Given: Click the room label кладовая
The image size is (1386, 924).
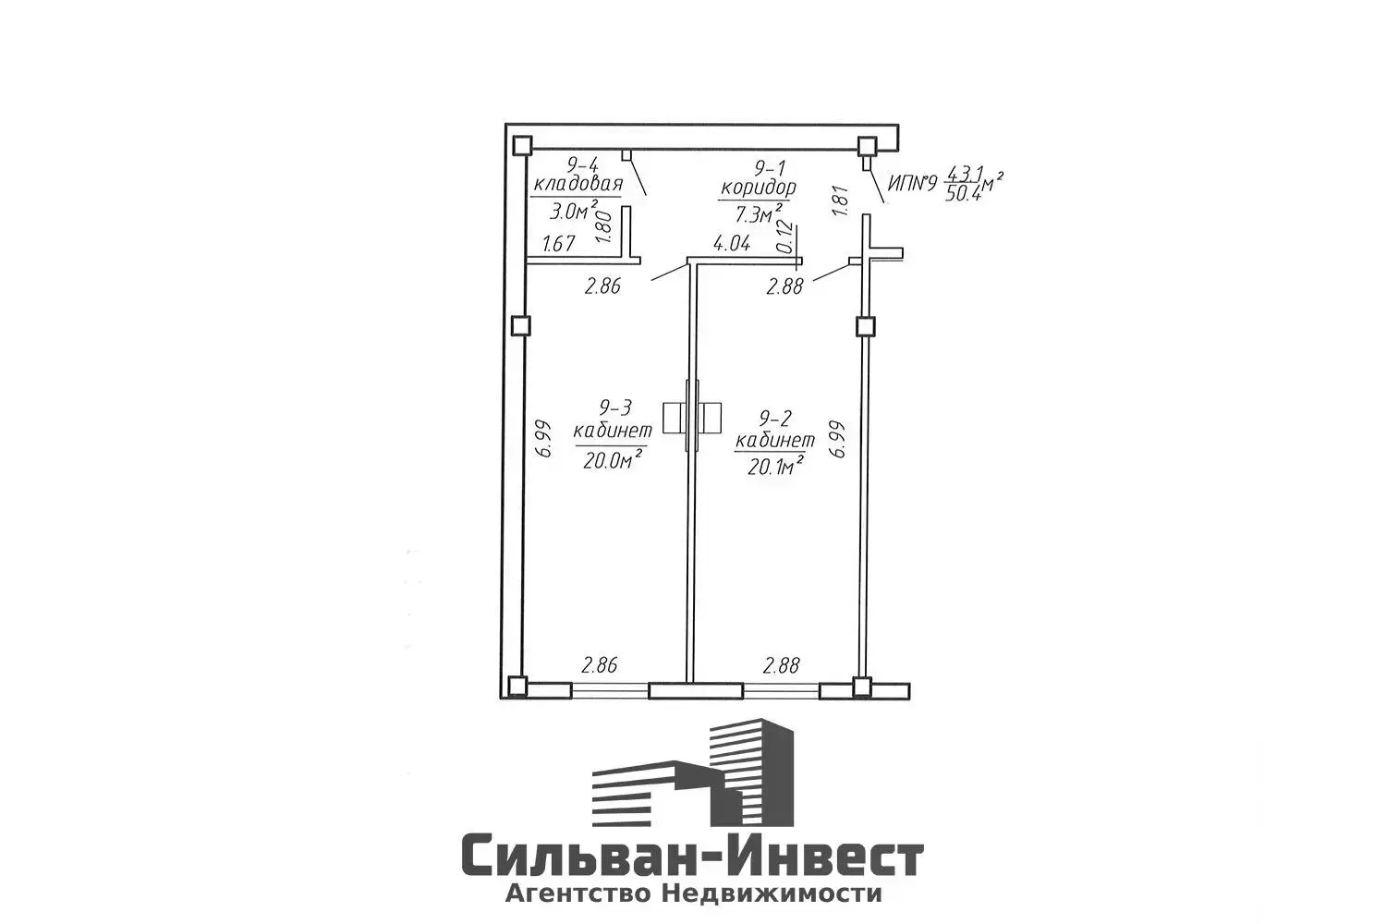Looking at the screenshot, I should pyautogui.click(x=577, y=184).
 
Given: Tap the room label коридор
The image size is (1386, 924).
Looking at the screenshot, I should pyautogui.click(x=758, y=188).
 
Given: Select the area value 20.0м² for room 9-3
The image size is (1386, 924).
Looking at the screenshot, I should pyautogui.click(x=613, y=459).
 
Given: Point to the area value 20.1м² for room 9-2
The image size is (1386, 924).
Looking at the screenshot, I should pyautogui.click(x=774, y=468).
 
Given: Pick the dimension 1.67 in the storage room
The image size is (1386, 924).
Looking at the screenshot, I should pyautogui.click(x=559, y=244).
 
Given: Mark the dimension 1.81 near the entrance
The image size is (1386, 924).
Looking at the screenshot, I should pyautogui.click(x=840, y=201).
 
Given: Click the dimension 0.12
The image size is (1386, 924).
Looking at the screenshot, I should pyautogui.click(x=785, y=237).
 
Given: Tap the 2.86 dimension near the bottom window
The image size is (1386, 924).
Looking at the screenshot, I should pyautogui.click(x=598, y=664).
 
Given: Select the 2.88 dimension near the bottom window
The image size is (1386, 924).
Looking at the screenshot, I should pyautogui.click(x=781, y=664).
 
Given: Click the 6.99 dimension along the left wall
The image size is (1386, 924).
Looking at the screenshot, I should pyautogui.click(x=544, y=439).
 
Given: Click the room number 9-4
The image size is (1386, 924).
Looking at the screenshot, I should pyautogui.click(x=580, y=166).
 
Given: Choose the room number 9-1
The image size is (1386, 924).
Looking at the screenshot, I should pyautogui.click(x=771, y=168).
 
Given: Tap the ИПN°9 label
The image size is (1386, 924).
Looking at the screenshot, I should pyautogui.click(x=912, y=184).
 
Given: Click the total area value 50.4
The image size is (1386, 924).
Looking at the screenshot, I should pyautogui.click(x=961, y=196).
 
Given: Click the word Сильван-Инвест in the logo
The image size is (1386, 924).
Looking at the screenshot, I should pyautogui.click(x=692, y=857).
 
